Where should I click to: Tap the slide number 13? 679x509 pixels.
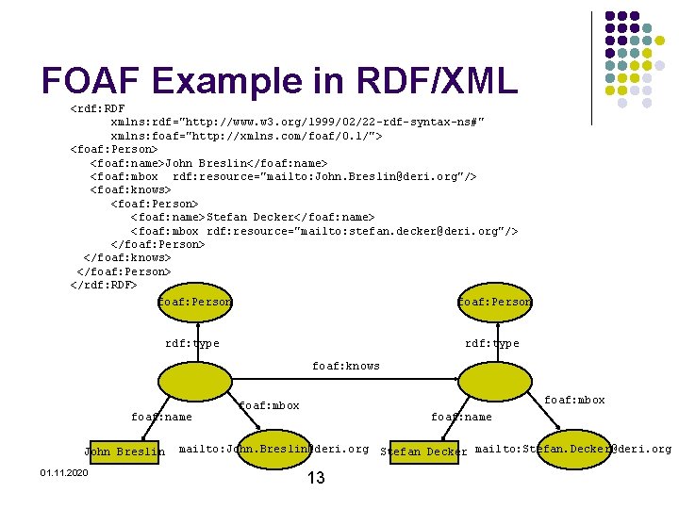click(316, 479)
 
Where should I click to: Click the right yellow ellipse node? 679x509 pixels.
click(492, 382)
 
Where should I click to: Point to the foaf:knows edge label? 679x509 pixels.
click(346, 366)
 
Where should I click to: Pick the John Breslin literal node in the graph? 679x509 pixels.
click(124, 452)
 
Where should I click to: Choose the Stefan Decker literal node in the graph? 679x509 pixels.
click(423, 452)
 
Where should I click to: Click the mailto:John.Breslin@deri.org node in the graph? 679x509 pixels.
click(273, 449)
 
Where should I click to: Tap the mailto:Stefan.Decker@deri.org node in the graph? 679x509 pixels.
click(572, 449)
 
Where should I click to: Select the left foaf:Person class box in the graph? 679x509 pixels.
click(195, 303)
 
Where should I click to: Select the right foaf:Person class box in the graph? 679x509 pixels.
click(494, 303)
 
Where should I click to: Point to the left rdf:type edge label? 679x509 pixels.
click(192, 343)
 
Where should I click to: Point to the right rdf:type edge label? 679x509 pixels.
click(492, 343)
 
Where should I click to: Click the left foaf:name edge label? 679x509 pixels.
click(161, 417)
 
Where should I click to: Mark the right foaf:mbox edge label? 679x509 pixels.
click(575, 400)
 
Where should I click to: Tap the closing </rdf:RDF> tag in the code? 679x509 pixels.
click(104, 285)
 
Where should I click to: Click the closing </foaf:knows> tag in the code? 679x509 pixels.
click(127, 257)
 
